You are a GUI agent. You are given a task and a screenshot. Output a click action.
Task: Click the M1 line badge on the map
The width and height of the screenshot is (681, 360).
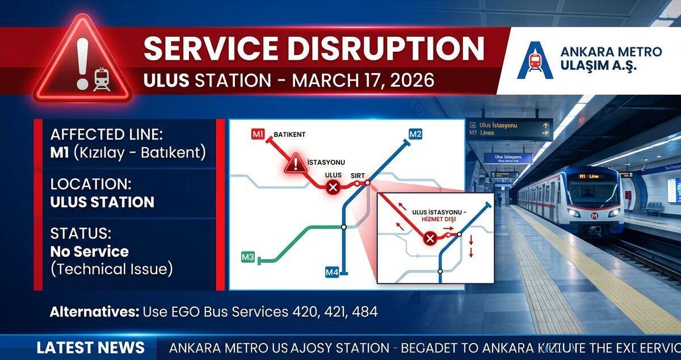[258, 135]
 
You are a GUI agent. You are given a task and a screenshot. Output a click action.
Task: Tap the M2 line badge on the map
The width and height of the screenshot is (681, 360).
[415, 134]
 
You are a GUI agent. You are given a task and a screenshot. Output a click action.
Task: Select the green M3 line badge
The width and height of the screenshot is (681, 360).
[248, 257]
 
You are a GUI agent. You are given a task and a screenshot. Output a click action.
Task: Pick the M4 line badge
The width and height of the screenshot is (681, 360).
[332, 273]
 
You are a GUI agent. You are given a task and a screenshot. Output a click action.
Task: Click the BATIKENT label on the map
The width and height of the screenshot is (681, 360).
[289, 135]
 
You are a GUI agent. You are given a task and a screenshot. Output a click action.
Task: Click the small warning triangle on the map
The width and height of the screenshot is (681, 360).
[295, 165]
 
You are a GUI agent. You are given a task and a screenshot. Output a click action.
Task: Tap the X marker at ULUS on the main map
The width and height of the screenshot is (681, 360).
[333, 187]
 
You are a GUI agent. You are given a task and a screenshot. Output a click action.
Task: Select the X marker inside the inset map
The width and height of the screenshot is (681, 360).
[430, 238]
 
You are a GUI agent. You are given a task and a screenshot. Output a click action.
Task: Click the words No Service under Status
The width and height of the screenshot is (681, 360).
[89, 252]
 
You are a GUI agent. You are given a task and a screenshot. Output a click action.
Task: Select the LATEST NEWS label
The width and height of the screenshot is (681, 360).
[91, 347]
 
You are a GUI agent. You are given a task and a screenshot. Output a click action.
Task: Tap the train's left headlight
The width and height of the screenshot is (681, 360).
[574, 212]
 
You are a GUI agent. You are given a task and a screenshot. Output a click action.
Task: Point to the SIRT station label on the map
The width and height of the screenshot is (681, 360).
[358, 175]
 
